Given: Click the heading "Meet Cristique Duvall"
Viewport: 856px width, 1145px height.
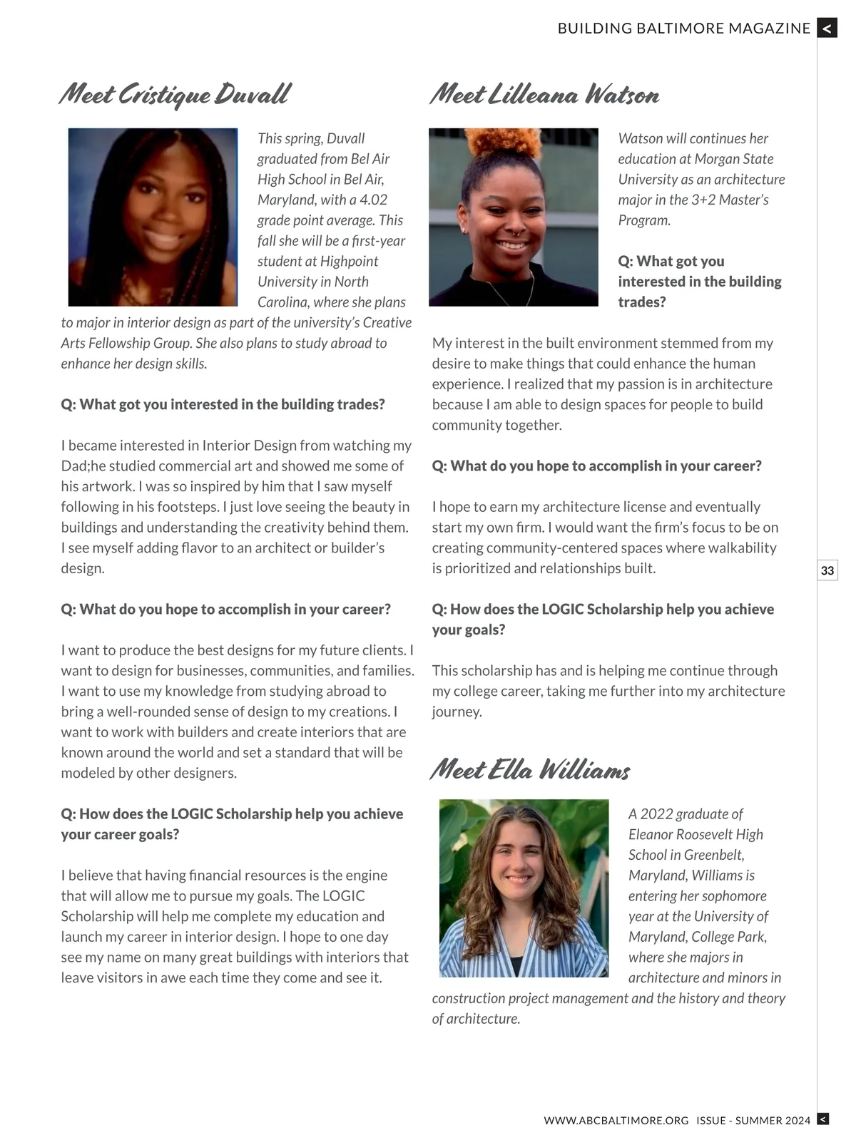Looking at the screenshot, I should [175, 95].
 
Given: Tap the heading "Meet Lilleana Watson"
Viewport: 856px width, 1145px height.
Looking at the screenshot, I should [544, 95].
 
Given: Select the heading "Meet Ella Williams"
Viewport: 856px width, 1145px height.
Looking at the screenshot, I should [530, 770].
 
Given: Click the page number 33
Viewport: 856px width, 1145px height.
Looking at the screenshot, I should [827, 570].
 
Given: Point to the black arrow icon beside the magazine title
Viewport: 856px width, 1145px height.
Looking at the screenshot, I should [827, 28].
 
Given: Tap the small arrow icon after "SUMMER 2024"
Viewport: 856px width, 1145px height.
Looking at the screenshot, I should [822, 1119].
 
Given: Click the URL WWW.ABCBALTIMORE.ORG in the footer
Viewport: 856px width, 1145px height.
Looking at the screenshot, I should [616, 1121].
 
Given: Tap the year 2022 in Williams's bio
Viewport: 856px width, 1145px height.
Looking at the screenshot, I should [656, 813].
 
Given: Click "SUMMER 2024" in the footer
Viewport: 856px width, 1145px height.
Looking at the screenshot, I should [773, 1121].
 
